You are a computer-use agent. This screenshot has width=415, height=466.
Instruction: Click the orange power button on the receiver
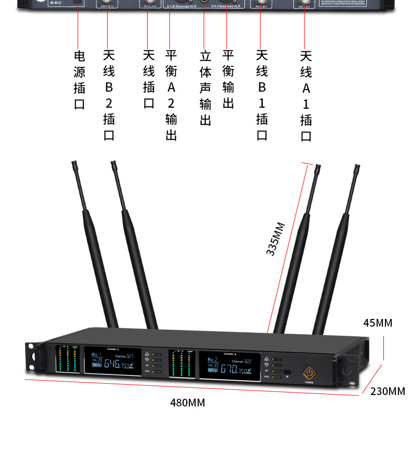click(310, 372)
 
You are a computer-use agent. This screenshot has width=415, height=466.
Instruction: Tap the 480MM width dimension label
click(187, 402)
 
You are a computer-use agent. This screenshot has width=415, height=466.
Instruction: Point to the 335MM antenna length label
click(275, 239)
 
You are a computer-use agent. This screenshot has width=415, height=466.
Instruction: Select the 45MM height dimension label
click(378, 323)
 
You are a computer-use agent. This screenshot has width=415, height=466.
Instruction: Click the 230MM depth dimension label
click(388, 391)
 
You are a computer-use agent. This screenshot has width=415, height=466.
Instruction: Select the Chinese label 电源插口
click(79, 80)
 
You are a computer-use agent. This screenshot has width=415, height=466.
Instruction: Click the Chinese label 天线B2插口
click(108, 95)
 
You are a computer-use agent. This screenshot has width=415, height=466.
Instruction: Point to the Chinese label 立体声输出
click(205, 88)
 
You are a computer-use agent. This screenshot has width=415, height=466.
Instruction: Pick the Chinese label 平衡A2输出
click(171, 95)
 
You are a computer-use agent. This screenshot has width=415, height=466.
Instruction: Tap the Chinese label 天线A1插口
click(306, 96)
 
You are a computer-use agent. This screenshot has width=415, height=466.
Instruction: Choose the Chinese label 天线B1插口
click(262, 95)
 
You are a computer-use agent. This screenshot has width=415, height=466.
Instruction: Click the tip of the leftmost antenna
click(73, 164)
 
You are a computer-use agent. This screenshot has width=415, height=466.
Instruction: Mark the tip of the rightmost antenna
click(357, 168)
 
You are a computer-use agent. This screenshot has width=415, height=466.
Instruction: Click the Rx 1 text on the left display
click(96, 355)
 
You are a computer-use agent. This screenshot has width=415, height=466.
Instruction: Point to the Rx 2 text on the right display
click(212, 359)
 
